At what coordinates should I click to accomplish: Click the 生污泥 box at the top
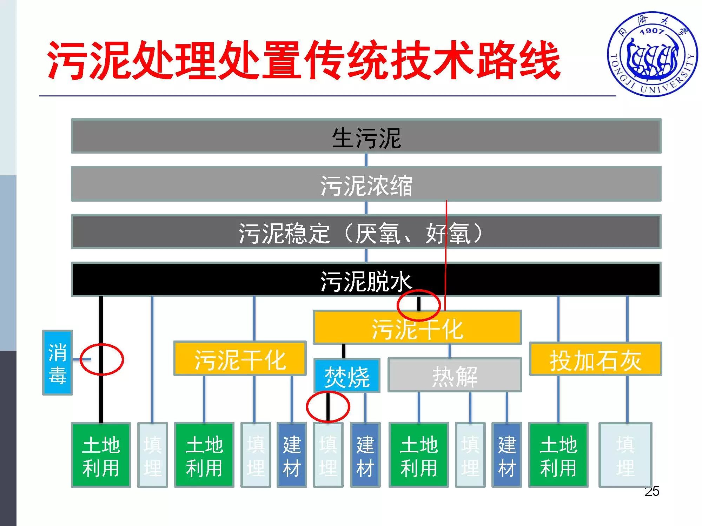[x=366, y=136]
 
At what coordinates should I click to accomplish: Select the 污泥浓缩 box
[x=366, y=184]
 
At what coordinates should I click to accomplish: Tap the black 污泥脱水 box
[x=366, y=280]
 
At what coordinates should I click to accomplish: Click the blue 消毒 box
[x=58, y=363]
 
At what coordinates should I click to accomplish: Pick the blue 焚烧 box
[x=347, y=376]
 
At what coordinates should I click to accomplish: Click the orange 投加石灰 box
[x=595, y=359]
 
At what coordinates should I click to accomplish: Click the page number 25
[x=652, y=491]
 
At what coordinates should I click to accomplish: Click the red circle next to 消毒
[x=102, y=359]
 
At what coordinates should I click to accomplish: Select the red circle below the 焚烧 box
[x=328, y=407]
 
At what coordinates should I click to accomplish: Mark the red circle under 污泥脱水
[x=418, y=305]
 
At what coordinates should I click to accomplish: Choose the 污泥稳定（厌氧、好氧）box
[x=366, y=232]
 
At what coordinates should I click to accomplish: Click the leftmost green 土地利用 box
[x=101, y=455]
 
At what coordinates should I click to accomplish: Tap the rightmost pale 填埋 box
[x=625, y=455]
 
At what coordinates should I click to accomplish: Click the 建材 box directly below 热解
[x=506, y=455]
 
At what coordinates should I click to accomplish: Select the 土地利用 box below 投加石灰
[x=558, y=455]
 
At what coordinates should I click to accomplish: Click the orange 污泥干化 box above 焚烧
[x=417, y=327]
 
